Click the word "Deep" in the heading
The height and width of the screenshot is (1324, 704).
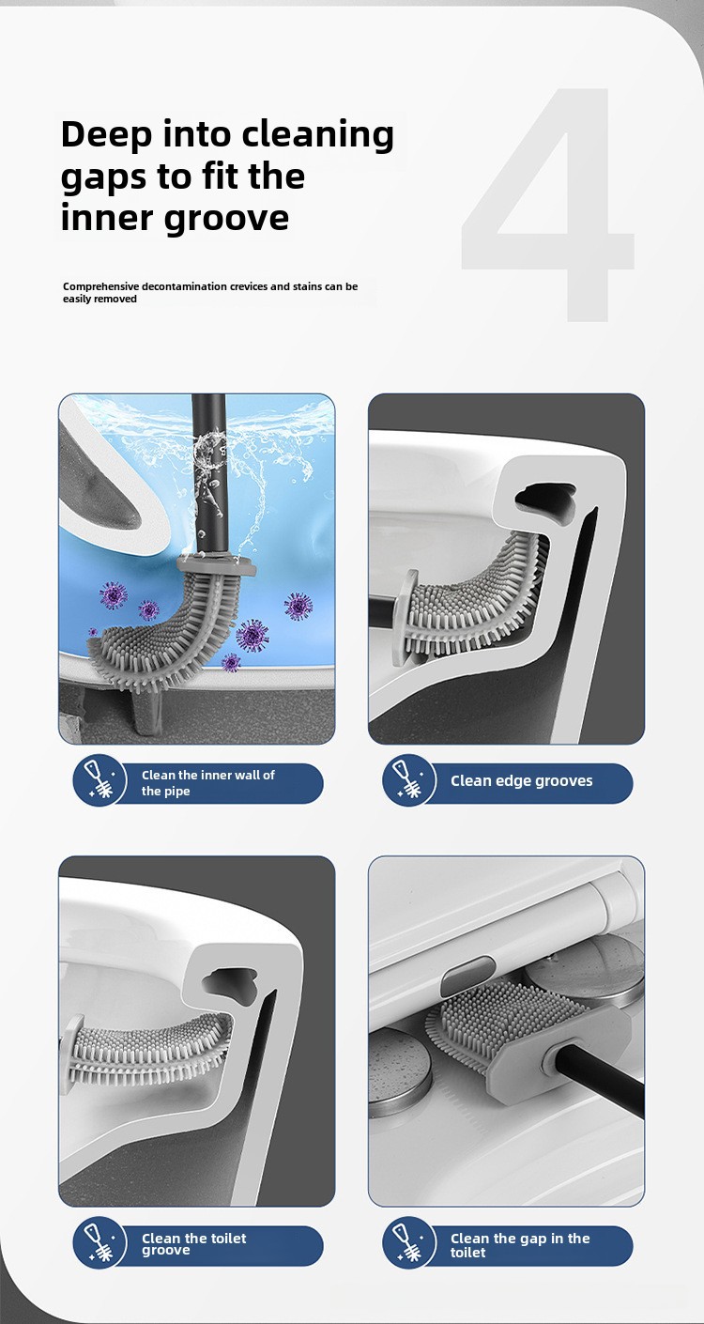106,136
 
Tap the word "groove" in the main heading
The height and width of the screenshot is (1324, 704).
226,219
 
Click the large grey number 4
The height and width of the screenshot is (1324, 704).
548,205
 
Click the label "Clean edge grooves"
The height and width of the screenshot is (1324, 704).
521,781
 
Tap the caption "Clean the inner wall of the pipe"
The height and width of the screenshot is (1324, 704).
208,782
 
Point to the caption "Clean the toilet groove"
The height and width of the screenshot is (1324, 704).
194,1243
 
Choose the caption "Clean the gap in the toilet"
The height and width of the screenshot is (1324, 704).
520,1245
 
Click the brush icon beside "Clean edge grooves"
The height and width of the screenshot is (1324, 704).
409,780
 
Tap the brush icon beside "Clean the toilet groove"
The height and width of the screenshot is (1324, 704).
99,1242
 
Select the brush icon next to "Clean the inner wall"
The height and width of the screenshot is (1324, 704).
99,780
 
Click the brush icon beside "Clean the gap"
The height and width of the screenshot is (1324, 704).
409,1242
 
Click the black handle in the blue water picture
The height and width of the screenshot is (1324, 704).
209,473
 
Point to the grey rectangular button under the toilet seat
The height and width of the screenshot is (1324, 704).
467,974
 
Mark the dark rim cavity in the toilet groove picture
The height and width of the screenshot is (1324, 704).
231,986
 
